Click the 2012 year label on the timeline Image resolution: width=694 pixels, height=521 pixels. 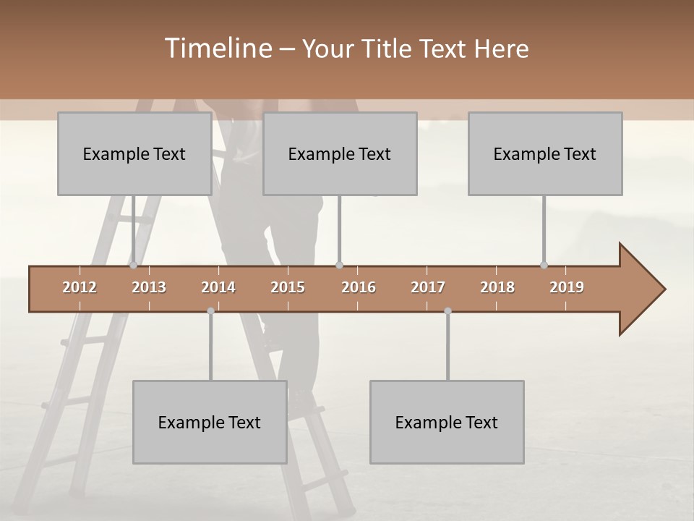pyautogui.click(x=80, y=287)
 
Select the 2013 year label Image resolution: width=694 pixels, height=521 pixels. pyautogui.click(x=149, y=287)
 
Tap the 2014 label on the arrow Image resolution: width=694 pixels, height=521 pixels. pyautogui.click(x=218, y=287)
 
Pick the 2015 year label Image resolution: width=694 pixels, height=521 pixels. pyautogui.click(x=288, y=287)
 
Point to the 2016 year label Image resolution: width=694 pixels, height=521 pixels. pyautogui.click(x=359, y=287)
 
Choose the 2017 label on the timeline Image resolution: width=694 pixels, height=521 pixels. pyautogui.click(x=428, y=287)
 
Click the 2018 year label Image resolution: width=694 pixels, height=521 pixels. pyautogui.click(x=497, y=287)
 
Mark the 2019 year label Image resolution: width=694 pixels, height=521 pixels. pyautogui.click(x=567, y=287)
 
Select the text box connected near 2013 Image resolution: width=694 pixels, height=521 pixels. pyautogui.click(x=134, y=153)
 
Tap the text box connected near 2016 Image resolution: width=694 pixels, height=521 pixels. pyautogui.click(x=340, y=153)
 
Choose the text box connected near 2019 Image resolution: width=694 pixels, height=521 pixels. pyautogui.click(x=545, y=153)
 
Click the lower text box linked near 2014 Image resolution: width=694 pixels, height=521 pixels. pyautogui.click(x=210, y=422)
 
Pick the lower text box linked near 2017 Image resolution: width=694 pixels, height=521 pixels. pyautogui.click(x=447, y=422)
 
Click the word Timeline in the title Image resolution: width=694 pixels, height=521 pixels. pyautogui.click(x=217, y=48)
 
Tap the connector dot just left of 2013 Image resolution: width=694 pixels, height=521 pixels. pyautogui.click(x=133, y=265)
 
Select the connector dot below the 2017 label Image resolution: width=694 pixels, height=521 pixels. pyautogui.click(x=447, y=310)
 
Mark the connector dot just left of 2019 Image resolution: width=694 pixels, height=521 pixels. pyautogui.click(x=544, y=265)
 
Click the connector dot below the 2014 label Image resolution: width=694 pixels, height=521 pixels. pyautogui.click(x=210, y=310)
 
